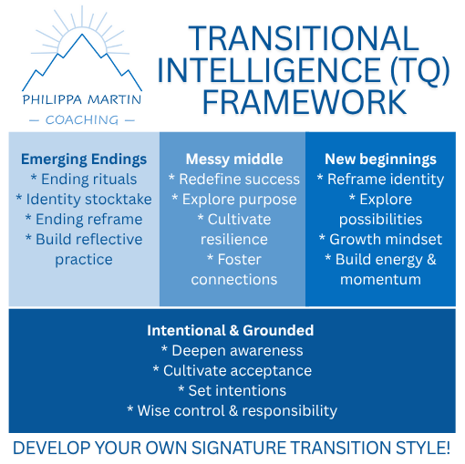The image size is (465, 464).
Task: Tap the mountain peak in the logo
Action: point(82,35)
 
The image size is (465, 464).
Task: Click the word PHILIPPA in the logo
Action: point(52,99)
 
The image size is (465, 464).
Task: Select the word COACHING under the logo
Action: point(82,120)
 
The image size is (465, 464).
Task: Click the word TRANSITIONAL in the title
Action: point(304,38)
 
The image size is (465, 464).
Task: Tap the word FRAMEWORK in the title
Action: point(305,102)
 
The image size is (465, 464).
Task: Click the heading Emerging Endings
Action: point(84,160)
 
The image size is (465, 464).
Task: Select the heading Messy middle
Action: point(234,160)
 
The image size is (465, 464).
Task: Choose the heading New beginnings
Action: point(380,160)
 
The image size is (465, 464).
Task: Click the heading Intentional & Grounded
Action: point(231,331)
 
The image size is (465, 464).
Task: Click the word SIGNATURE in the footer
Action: point(239,448)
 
